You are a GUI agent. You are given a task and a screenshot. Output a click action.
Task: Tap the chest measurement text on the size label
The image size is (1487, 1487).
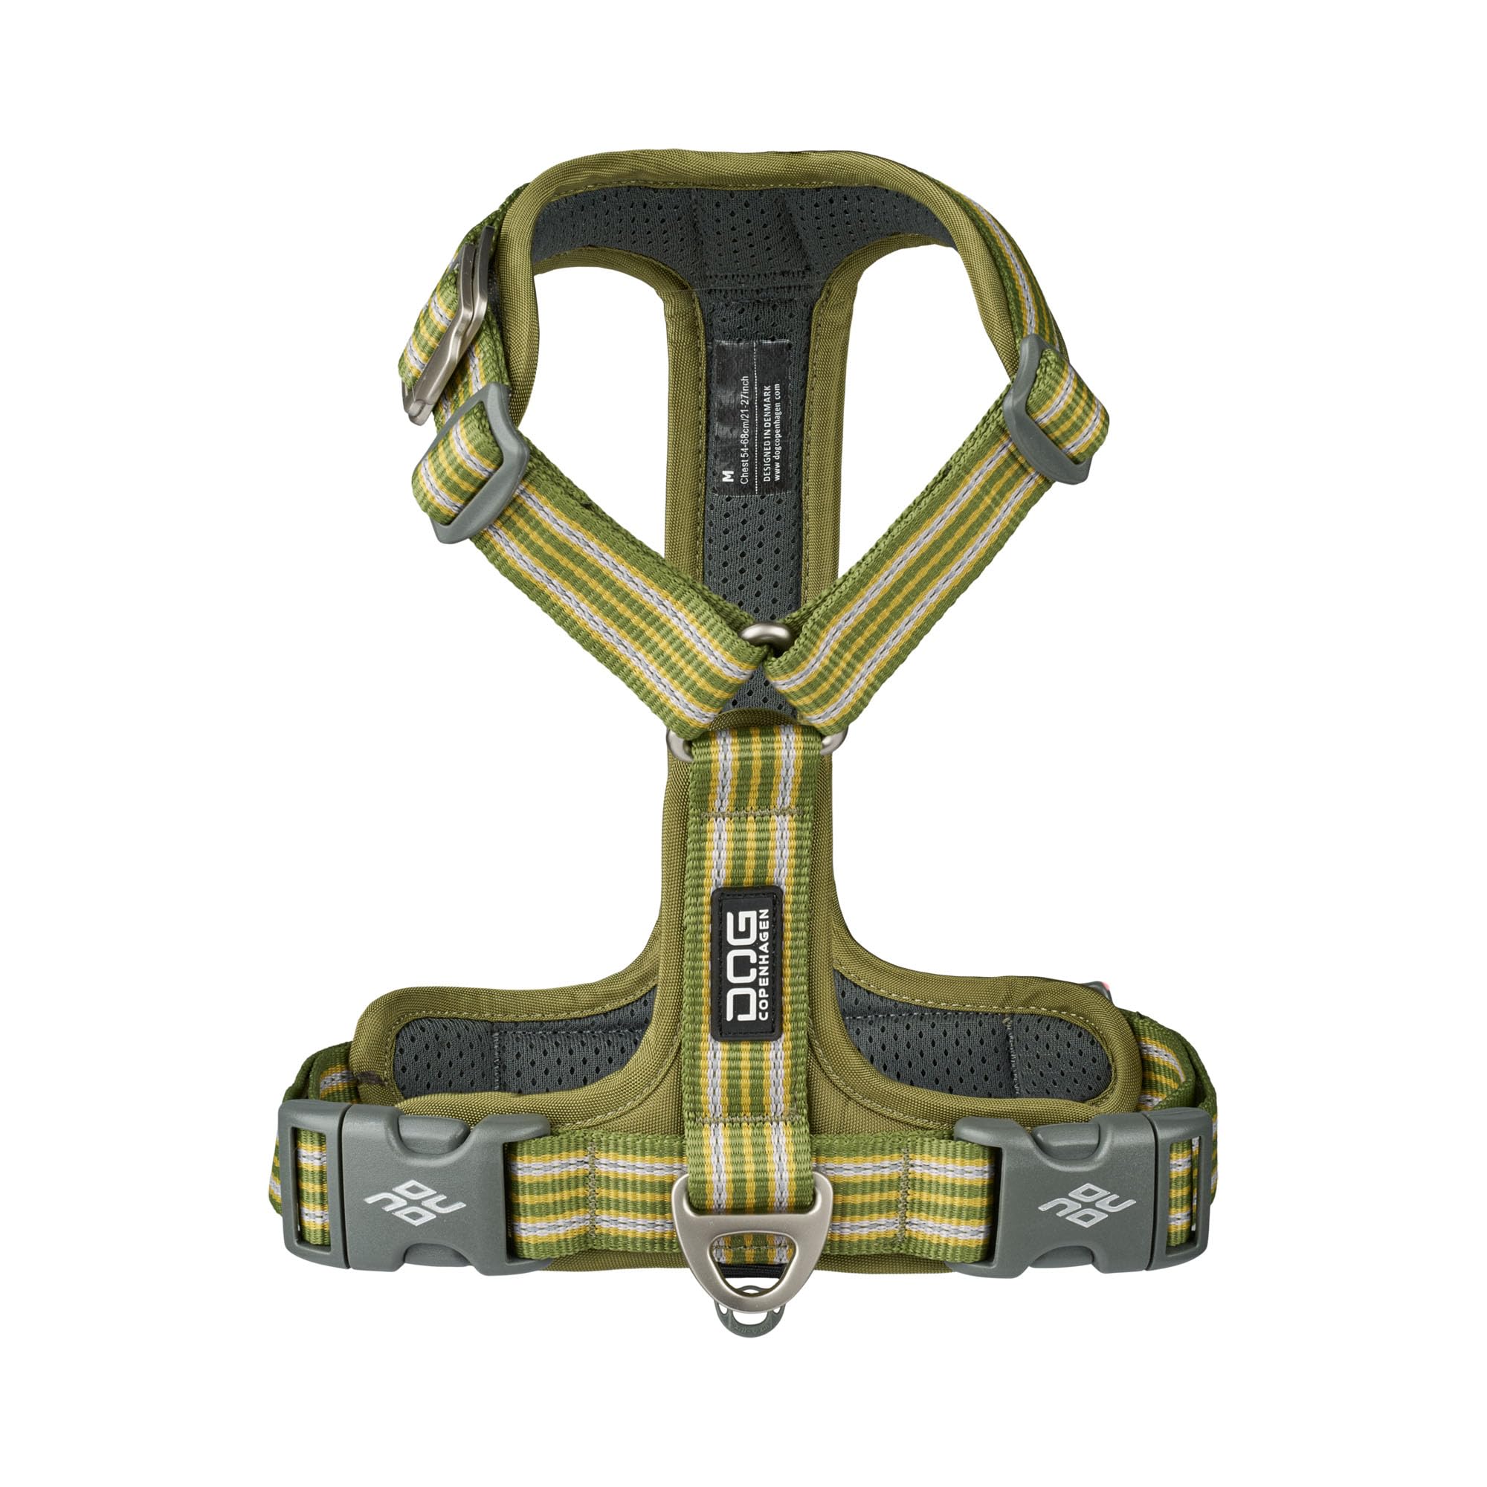(743, 431)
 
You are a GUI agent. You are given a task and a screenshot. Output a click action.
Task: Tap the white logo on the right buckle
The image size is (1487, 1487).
(1086, 1201)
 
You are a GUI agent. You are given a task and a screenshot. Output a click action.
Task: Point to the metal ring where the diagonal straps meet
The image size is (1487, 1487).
(765, 634)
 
